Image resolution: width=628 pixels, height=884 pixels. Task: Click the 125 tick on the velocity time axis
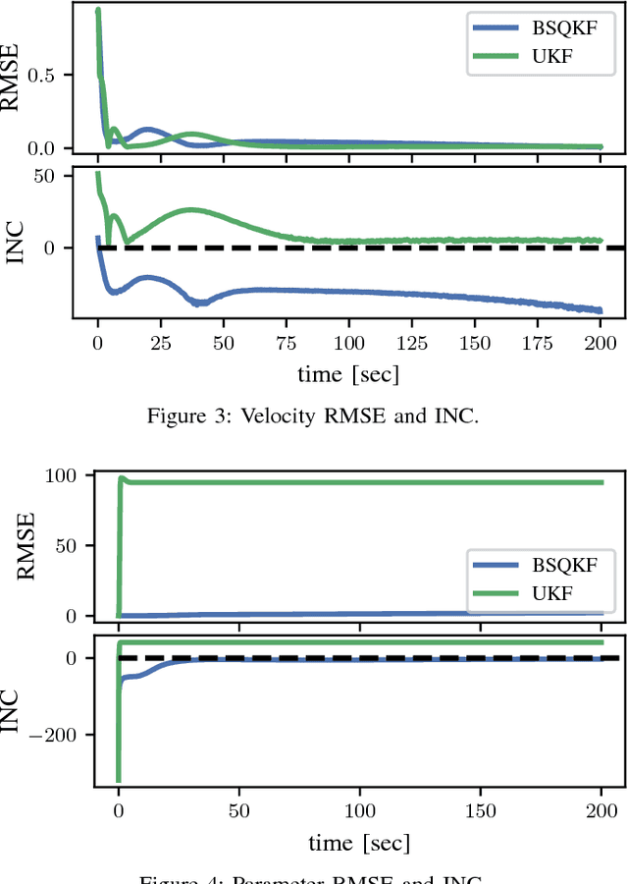412,343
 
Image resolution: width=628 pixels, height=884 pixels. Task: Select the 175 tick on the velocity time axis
538,343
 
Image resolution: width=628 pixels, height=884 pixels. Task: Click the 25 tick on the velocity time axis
161,343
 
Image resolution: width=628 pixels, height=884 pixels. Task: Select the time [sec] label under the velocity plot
349,373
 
